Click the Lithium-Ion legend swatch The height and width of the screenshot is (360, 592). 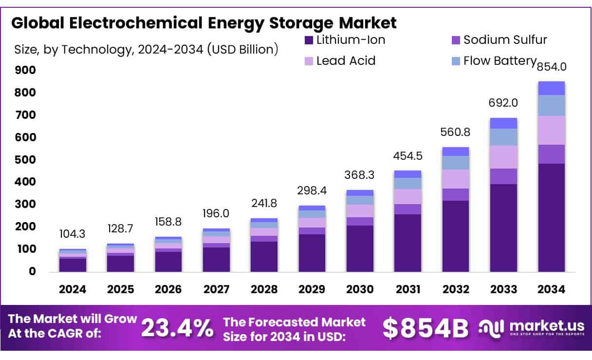[309, 40]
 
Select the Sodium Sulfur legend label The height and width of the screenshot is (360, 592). [505, 40]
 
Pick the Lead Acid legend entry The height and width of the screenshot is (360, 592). [346, 61]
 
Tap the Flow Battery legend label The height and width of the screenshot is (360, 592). [499, 61]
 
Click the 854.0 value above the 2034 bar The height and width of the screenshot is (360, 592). [552, 67]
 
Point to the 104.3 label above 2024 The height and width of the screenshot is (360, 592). [73, 234]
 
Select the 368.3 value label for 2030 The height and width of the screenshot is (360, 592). [360, 174]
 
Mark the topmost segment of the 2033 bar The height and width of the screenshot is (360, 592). [503, 123]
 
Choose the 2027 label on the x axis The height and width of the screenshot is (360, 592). [217, 289]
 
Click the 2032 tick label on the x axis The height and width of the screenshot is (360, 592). [456, 289]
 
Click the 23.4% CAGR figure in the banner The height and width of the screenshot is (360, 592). [177, 328]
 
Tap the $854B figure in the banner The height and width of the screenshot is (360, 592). [425, 328]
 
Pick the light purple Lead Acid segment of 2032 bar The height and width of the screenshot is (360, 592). [456, 179]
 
